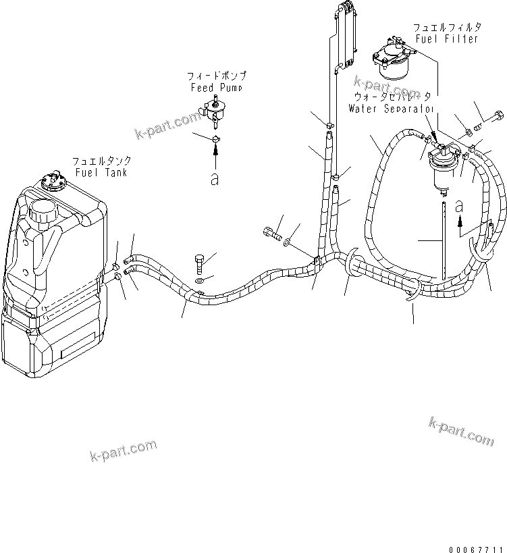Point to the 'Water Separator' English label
pyautogui.click(x=391, y=108)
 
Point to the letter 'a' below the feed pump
pyautogui.click(x=215, y=180)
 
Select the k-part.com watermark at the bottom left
pyautogui.click(x=123, y=450)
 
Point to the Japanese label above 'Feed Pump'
pyautogui.click(x=215, y=76)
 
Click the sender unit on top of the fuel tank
pyautogui.click(x=53, y=180)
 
